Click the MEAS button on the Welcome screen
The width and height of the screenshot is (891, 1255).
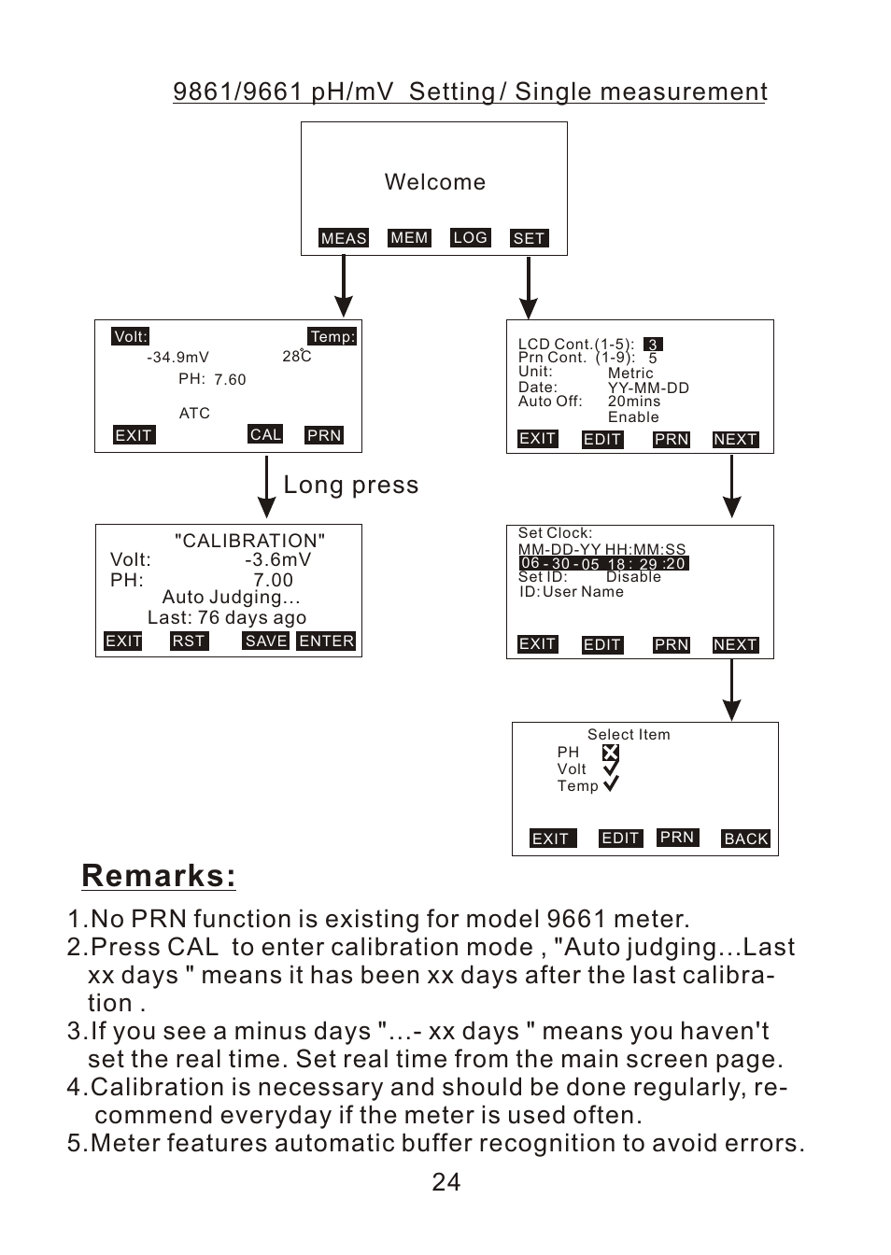pos(344,238)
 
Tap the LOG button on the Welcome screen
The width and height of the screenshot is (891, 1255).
pos(470,237)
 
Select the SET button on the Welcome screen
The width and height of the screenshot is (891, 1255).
pos(529,238)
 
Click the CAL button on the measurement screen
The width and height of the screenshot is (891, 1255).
pos(265,434)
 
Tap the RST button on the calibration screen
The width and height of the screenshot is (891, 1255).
pos(189,641)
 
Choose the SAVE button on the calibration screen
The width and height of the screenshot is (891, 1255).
pos(266,641)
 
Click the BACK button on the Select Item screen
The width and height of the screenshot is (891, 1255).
pos(746,839)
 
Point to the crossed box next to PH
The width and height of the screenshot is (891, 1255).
pos(610,753)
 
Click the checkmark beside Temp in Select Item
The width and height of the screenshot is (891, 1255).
pos(611,784)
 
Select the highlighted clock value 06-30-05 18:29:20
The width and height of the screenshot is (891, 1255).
pos(603,563)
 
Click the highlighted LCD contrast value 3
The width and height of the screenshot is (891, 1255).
pos(653,345)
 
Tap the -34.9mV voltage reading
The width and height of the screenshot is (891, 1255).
pos(178,357)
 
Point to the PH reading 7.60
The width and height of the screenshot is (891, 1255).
pos(230,379)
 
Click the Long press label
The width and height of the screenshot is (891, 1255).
pos(351,485)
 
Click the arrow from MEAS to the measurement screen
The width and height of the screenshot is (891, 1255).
pos(344,287)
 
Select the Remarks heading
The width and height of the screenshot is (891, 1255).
pos(159,876)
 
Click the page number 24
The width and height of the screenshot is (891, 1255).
pos(446,1182)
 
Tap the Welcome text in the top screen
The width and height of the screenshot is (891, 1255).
pos(435,182)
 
